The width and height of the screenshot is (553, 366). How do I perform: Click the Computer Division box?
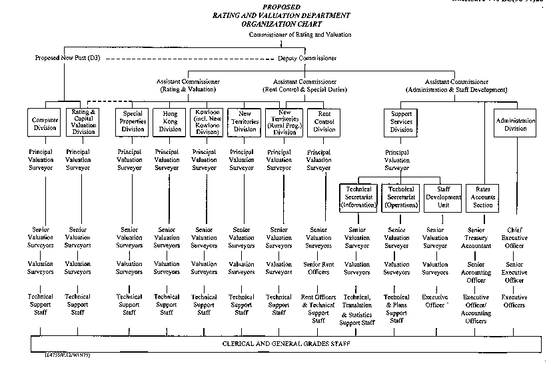click(x=45, y=124)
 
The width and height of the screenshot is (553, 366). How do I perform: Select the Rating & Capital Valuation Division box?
click(x=83, y=123)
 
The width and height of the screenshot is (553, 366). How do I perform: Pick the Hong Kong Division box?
click(x=169, y=121)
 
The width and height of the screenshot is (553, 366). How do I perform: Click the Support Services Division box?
click(x=401, y=121)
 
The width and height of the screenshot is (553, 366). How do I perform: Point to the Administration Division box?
click(x=515, y=125)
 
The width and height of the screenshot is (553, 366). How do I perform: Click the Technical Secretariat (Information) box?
click(x=358, y=197)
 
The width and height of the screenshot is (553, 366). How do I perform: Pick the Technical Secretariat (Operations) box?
click(x=400, y=197)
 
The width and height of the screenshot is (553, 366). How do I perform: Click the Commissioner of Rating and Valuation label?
click(x=300, y=35)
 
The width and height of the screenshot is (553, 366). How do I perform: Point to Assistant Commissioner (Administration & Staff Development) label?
click(x=456, y=85)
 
